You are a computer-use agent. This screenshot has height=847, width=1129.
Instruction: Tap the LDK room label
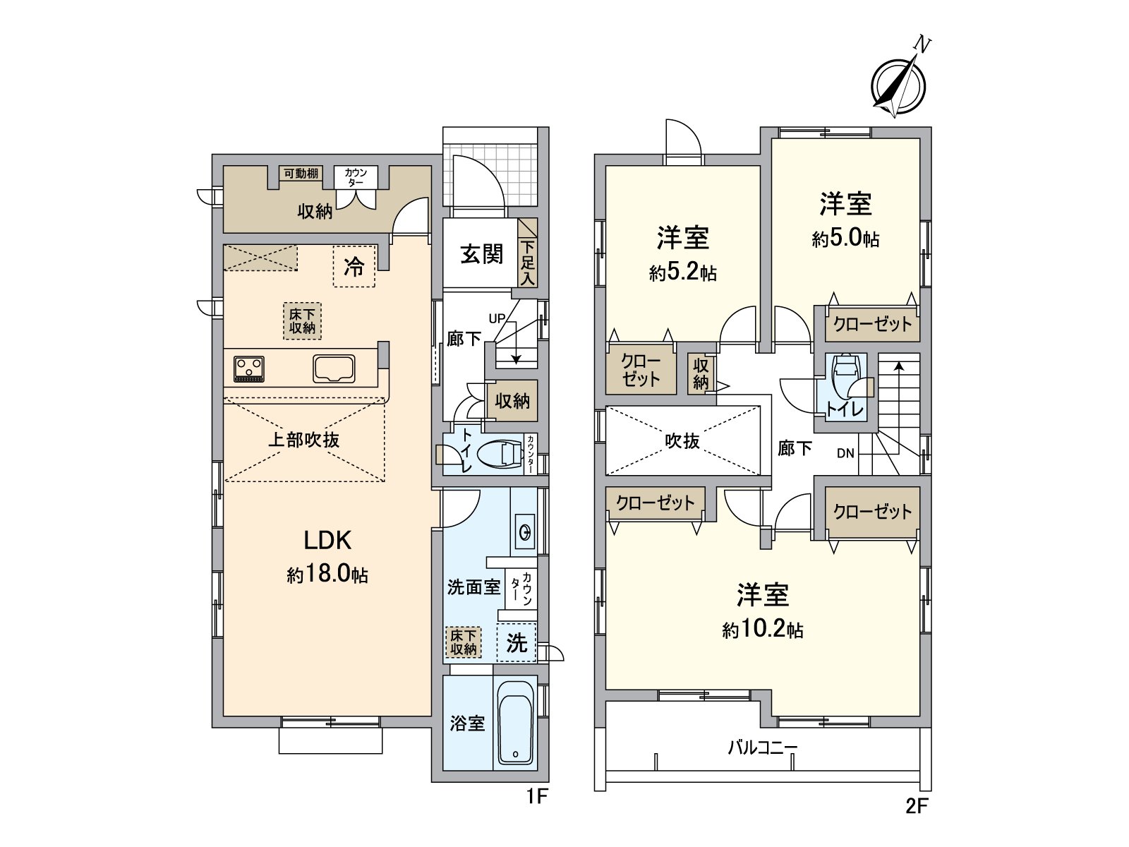(327, 541)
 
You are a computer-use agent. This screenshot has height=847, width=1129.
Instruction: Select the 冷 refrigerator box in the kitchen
(354, 266)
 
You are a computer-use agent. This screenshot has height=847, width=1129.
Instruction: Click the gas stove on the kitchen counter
(249, 369)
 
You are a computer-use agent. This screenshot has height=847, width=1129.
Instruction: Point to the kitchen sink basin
(334, 369)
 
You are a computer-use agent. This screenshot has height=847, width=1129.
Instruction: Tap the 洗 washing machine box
(517, 642)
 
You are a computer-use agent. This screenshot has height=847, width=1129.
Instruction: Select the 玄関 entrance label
(481, 254)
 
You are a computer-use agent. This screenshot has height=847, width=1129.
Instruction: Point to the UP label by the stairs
(497, 318)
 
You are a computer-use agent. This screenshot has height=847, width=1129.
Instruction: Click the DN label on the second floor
(845, 454)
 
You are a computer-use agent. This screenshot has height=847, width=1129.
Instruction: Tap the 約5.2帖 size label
(682, 272)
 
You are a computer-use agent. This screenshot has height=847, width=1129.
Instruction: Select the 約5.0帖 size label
(845, 239)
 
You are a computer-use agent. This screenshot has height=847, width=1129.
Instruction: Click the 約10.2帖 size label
(762, 630)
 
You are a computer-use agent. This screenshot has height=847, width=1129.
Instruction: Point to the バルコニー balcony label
(763, 747)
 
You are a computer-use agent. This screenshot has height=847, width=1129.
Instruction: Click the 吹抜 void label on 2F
(682, 440)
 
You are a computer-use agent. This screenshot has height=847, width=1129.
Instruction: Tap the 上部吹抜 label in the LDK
(304, 440)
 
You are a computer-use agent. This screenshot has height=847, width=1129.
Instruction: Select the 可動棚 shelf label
(301, 174)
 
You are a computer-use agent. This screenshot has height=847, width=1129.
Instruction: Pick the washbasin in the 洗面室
(525, 531)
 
